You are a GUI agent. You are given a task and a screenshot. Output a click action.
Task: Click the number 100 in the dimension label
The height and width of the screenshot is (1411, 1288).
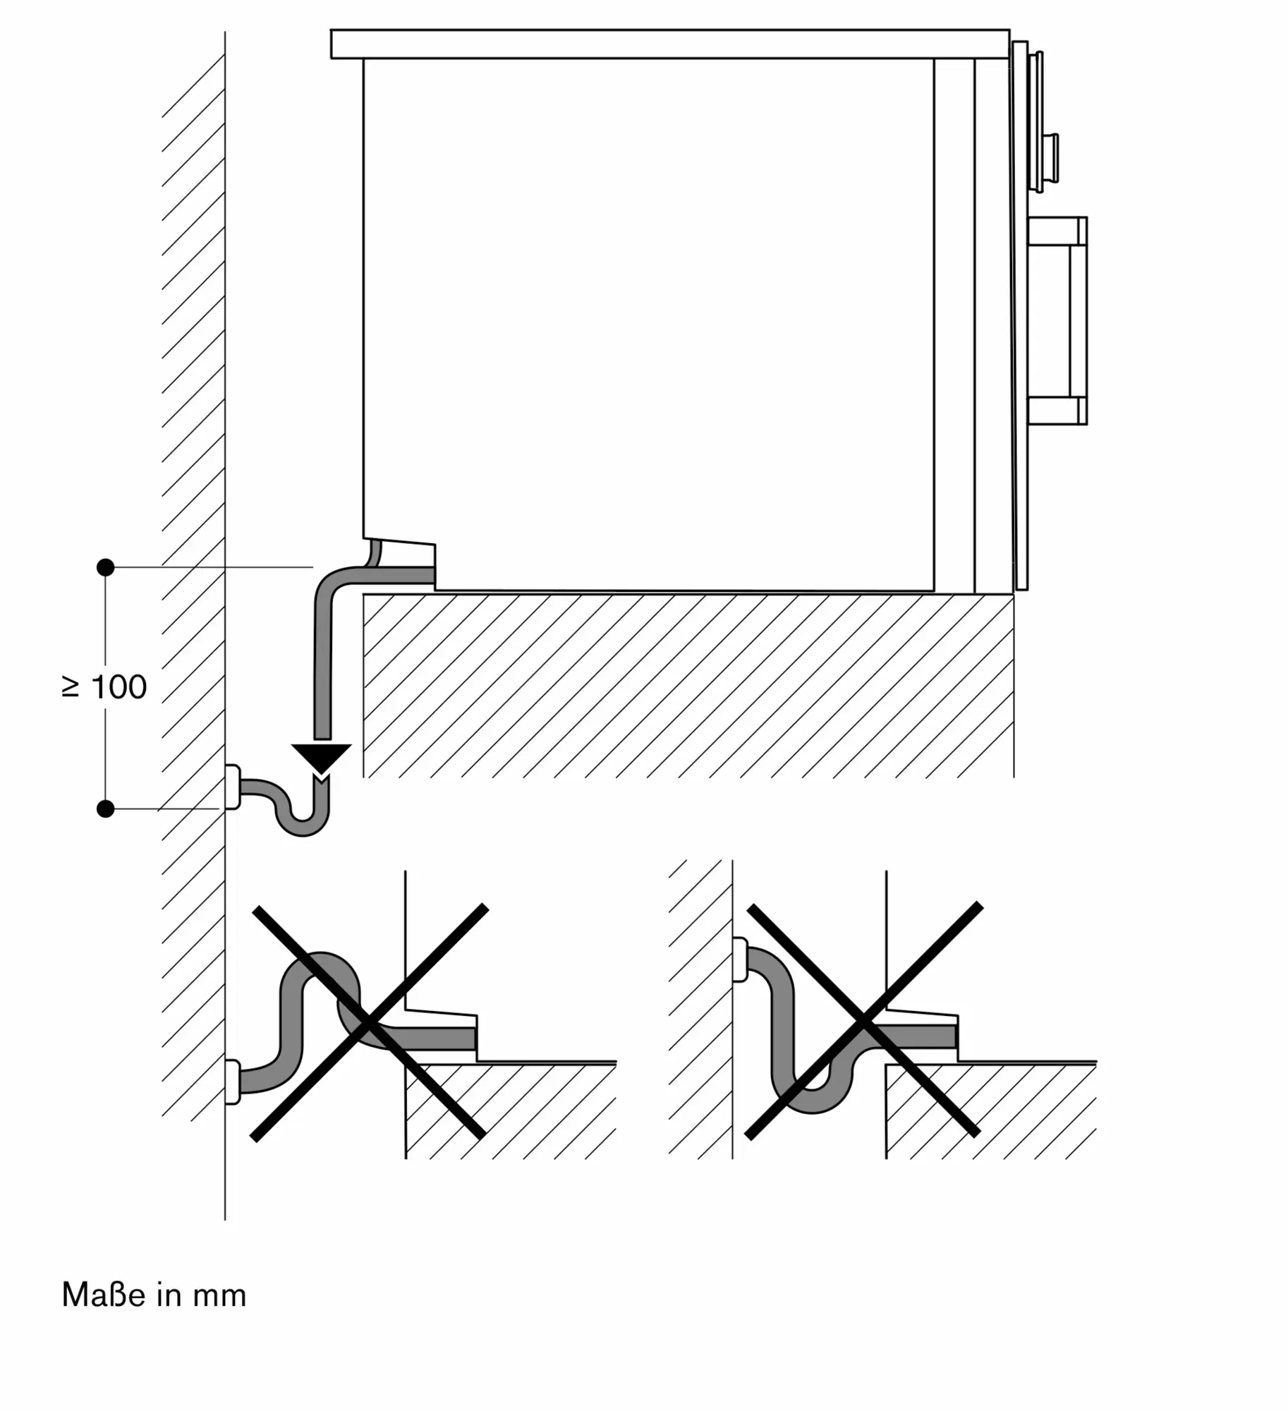coord(119,687)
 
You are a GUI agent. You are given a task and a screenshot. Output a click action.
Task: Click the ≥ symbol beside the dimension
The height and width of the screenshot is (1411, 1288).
coord(71,687)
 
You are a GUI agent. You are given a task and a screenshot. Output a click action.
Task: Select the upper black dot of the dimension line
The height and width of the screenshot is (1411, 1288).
coord(105,567)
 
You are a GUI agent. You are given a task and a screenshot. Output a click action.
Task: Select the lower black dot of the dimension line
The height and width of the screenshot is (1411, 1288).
coord(105,809)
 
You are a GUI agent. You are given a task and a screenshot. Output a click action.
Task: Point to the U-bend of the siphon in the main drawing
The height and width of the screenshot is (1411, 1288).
coord(302,825)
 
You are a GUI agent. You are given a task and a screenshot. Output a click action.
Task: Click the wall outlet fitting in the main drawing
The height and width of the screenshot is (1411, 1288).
coord(232,787)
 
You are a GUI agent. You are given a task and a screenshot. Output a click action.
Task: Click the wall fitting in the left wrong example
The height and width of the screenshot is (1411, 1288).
coord(232,1082)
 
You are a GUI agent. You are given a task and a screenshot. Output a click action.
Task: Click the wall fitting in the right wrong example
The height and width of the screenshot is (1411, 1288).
coord(740,959)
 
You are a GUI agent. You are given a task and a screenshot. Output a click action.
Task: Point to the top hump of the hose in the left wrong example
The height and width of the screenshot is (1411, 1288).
coord(321,962)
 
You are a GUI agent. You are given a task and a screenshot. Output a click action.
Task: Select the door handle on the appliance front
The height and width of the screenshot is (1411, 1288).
coord(1057,321)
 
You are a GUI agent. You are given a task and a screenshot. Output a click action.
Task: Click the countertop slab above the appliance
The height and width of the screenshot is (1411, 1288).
coord(670,44)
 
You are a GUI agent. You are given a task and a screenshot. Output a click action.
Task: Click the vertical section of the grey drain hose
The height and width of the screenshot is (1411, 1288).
coord(322,667)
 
